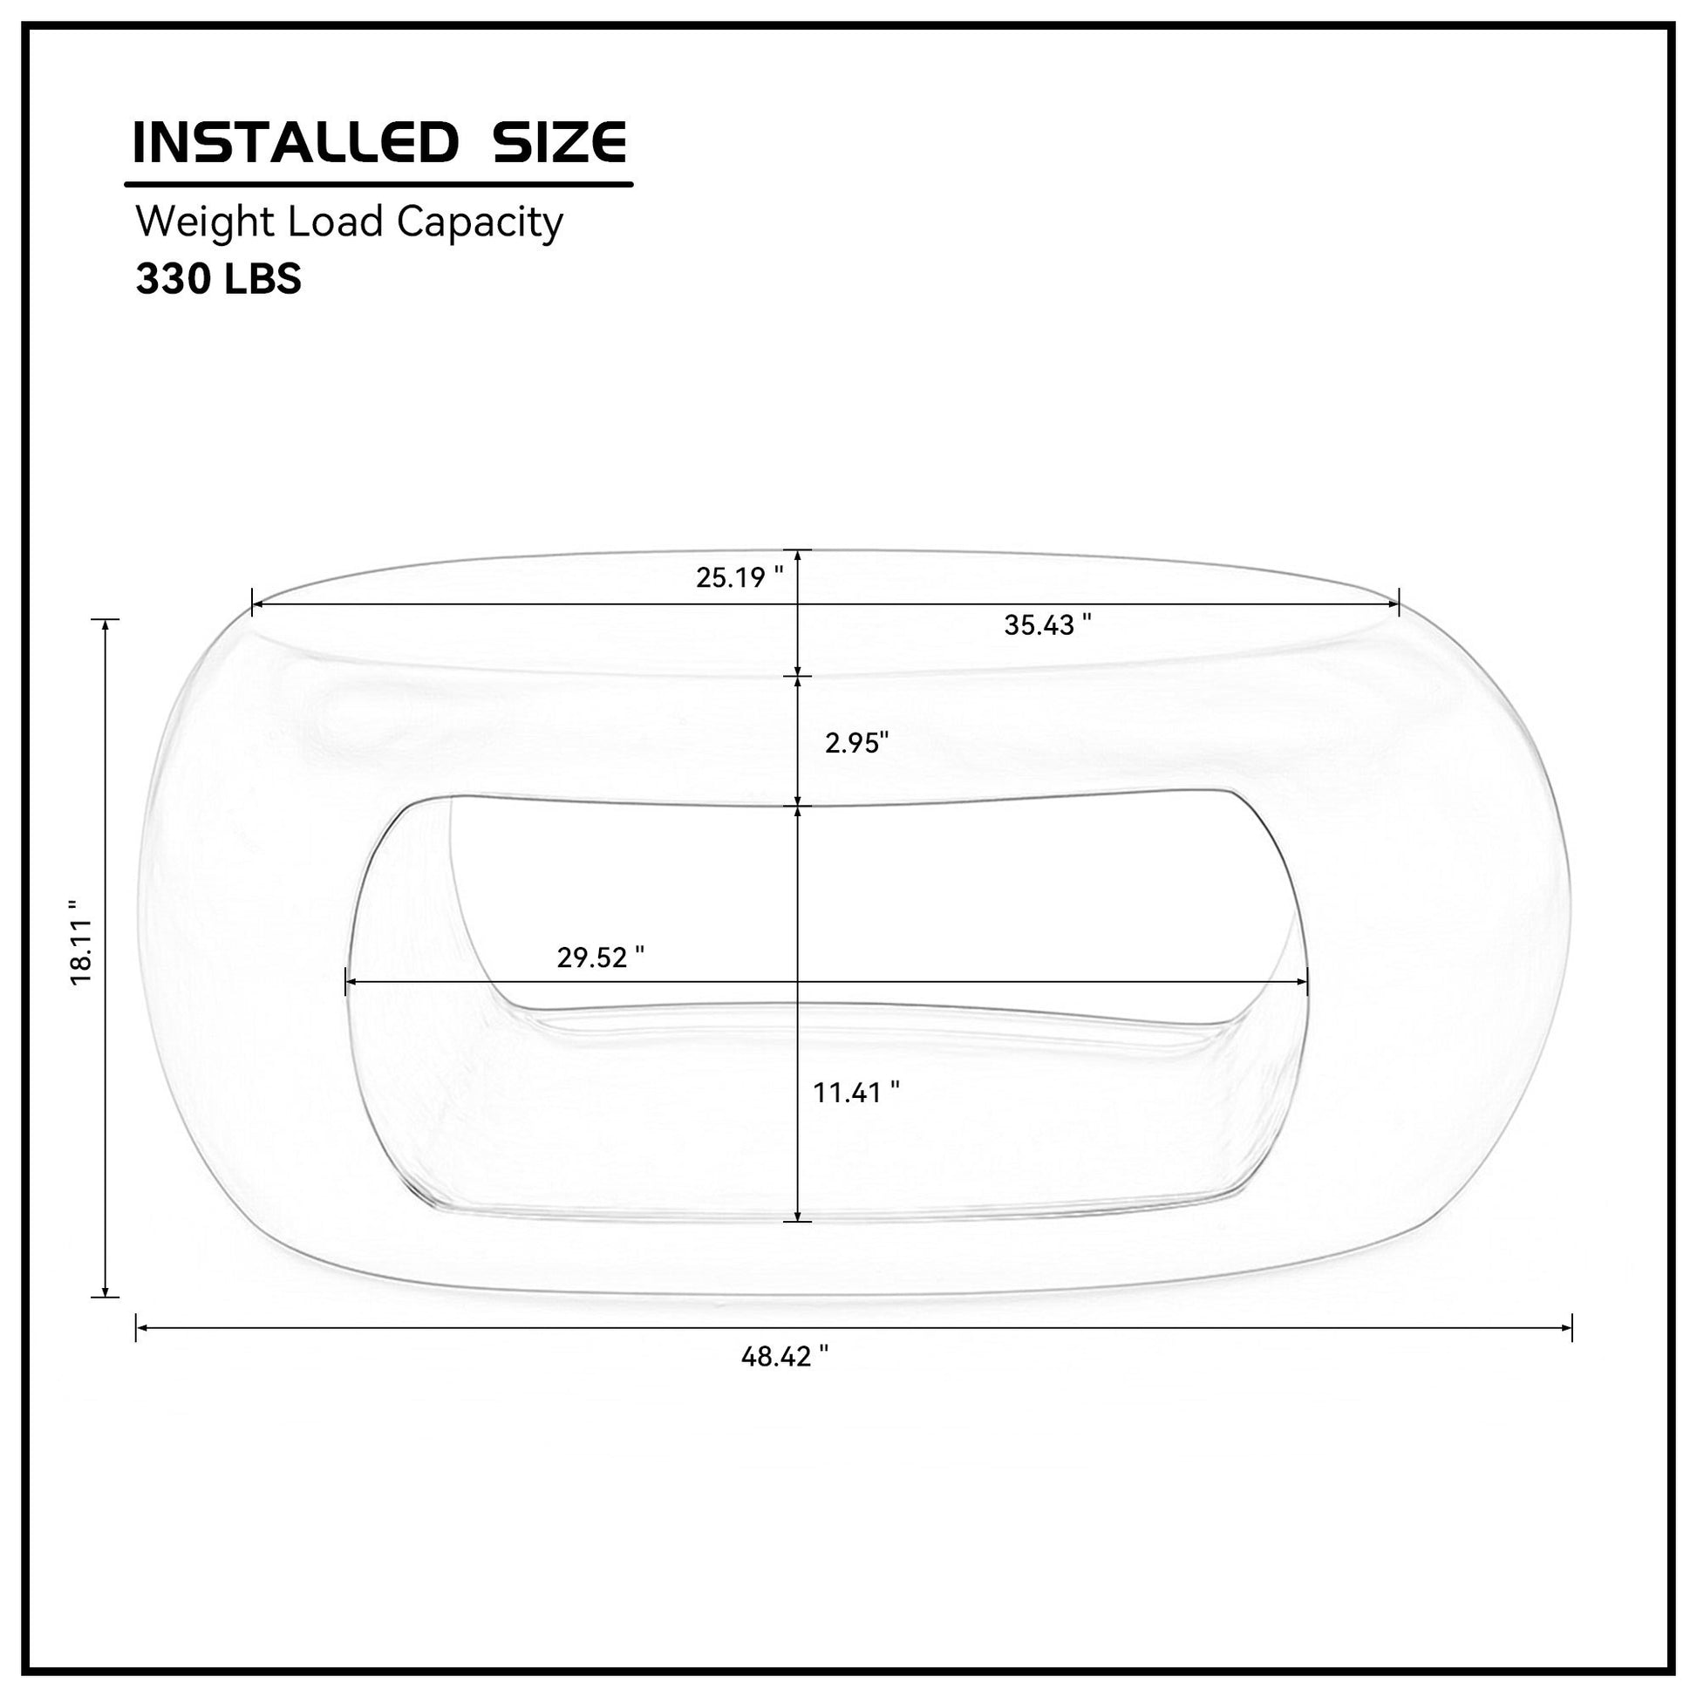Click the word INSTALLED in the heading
pos(294,142)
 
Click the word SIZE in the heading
pos(560,142)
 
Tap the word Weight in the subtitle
pos(206,222)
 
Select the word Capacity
pos(480,224)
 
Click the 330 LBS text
pos(218,279)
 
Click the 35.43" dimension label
pos(1048,625)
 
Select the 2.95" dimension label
pos(856,743)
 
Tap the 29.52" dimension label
pos(601,958)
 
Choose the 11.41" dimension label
pos(855,1093)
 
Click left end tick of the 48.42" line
pos(136,1327)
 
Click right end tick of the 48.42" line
pos(1571,1327)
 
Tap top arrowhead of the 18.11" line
pos(106,624)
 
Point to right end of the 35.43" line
pos(1398,604)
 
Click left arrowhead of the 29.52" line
pos(349,982)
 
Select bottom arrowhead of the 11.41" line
pos(797,1217)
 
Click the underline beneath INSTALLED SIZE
pos(378,185)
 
